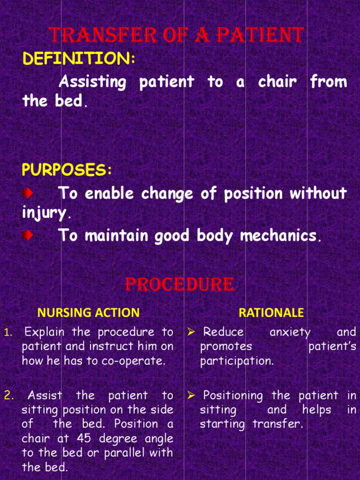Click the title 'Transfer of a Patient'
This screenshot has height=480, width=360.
(176, 35)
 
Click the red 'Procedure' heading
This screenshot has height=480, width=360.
(180, 285)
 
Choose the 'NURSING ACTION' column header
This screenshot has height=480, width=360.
(89, 312)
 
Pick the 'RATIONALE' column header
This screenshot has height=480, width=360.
(271, 312)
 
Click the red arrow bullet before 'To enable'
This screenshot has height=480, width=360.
(28, 193)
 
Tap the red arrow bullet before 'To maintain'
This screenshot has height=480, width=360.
(28, 235)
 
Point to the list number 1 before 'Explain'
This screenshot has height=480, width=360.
(7, 333)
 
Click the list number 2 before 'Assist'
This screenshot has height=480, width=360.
(8, 396)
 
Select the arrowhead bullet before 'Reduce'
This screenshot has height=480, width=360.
(191, 332)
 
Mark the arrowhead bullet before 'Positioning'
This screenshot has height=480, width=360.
(191, 396)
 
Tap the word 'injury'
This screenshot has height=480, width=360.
(44, 213)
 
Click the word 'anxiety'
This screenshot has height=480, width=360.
(290, 332)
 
